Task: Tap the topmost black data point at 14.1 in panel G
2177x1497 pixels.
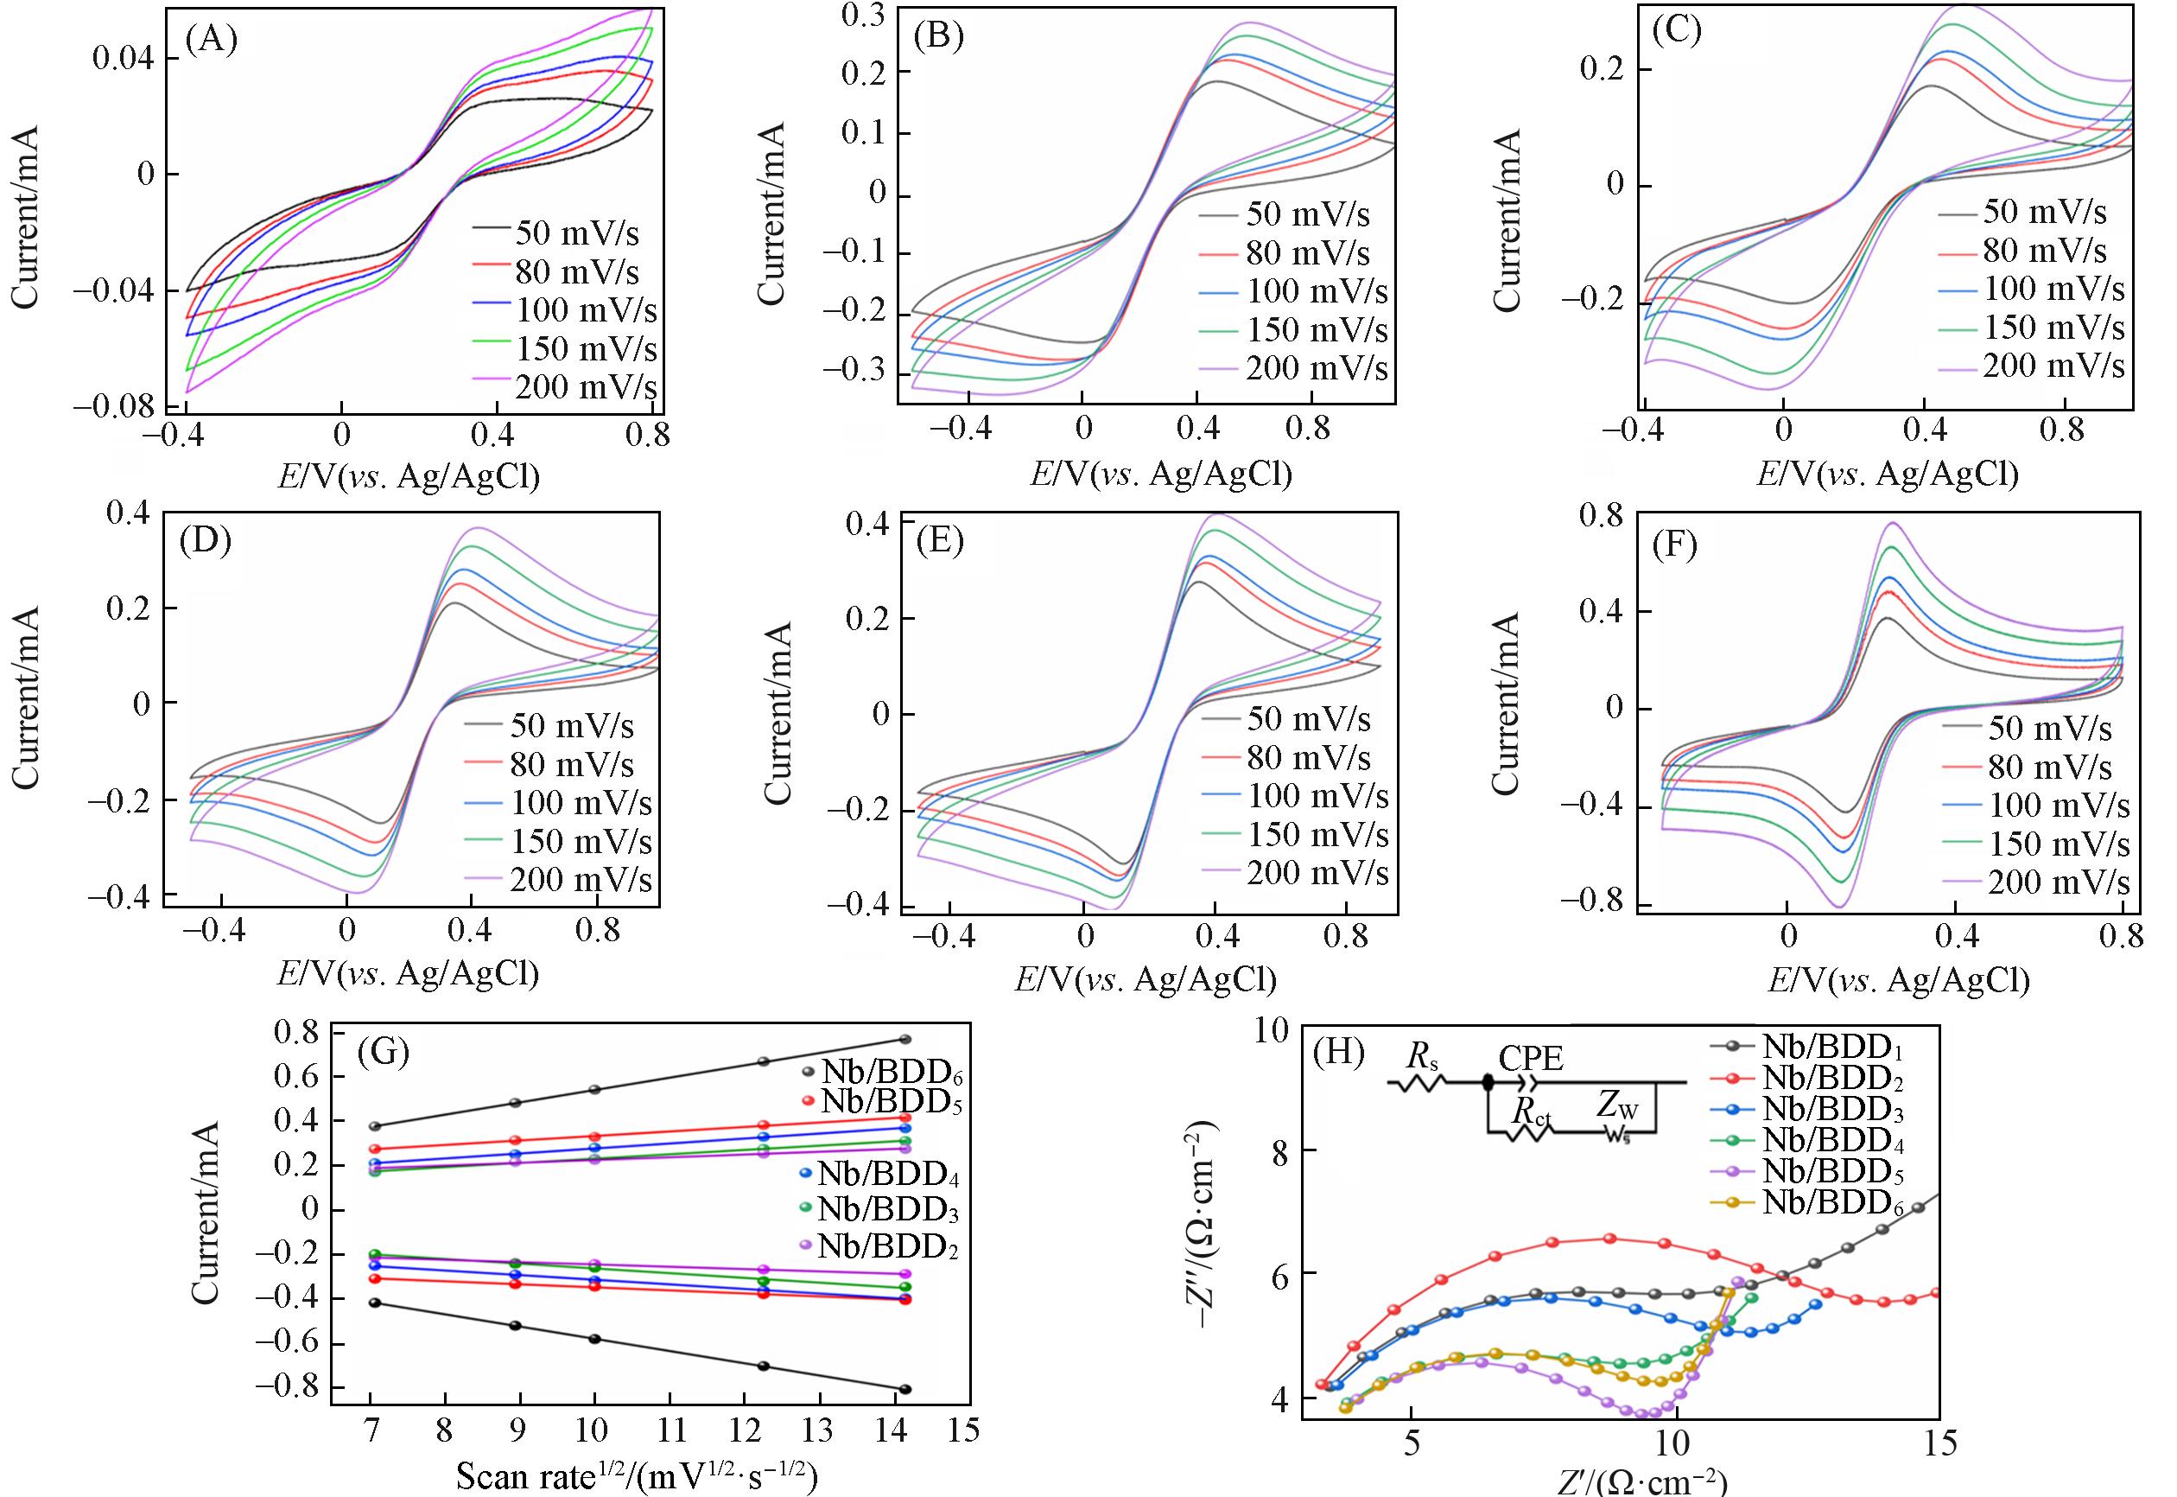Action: click(x=905, y=1039)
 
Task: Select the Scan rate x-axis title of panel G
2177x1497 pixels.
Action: click(x=637, y=1476)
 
